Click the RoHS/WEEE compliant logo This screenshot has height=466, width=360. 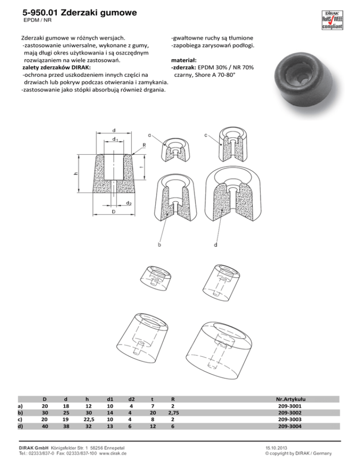point(332,20)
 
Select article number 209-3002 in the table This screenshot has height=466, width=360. point(290,413)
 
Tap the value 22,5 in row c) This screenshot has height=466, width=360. point(87,420)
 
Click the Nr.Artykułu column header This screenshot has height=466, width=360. point(291,399)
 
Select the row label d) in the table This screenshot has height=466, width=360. point(20,427)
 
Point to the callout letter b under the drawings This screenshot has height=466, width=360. point(159,245)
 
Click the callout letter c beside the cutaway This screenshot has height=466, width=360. point(206,135)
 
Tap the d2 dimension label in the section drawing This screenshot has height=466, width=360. point(128,203)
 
